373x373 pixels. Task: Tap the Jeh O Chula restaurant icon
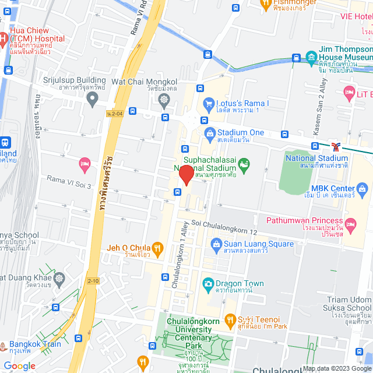pos(156,247)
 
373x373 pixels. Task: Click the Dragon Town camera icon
pos(207,284)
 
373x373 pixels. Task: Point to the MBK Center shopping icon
pos(363,188)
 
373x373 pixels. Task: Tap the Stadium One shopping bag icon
pos(209,133)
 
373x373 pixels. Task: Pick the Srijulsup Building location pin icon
pos(92,100)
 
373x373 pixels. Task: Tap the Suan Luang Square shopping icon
pos(215,244)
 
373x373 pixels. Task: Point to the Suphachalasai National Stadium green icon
pos(243,164)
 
